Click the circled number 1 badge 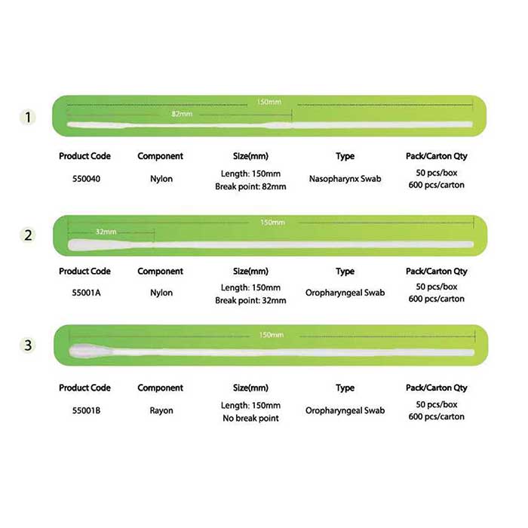[x=28, y=118]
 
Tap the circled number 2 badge [x=28, y=235]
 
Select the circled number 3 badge [x=28, y=345]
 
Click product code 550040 [x=86, y=179]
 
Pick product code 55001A [x=86, y=293]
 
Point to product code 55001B [x=86, y=410]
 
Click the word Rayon [x=161, y=411]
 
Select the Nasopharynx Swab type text [x=345, y=179]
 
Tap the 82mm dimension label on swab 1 [x=182, y=114]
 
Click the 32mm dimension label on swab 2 [x=106, y=232]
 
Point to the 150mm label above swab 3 [x=272, y=335]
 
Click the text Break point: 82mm [x=250, y=186]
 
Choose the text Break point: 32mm [x=250, y=300]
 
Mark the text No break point [x=250, y=418]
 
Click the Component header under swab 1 [x=160, y=156]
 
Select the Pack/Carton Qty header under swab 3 [x=437, y=388]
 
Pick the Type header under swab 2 [x=345, y=272]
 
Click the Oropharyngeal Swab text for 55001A [x=345, y=293]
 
